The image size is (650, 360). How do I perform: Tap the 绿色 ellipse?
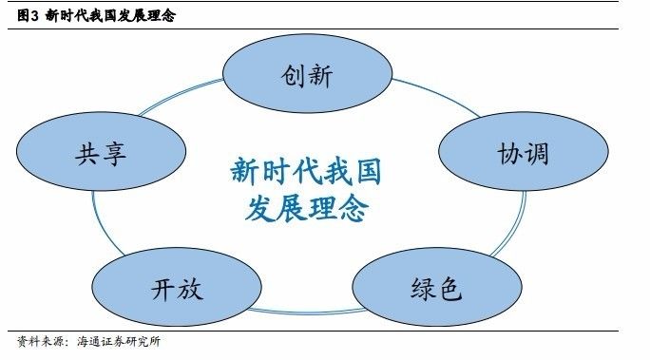coord(436,287)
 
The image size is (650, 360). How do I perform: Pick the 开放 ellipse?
coord(177,288)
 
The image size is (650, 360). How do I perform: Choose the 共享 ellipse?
coord(101,154)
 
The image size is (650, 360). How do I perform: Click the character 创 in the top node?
coord(293,76)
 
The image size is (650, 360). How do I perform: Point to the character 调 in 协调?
coord(536,153)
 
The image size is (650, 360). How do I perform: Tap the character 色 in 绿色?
coord(450,288)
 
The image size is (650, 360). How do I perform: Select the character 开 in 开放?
coord(163,289)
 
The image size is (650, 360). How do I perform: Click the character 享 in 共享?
coord(114,155)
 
